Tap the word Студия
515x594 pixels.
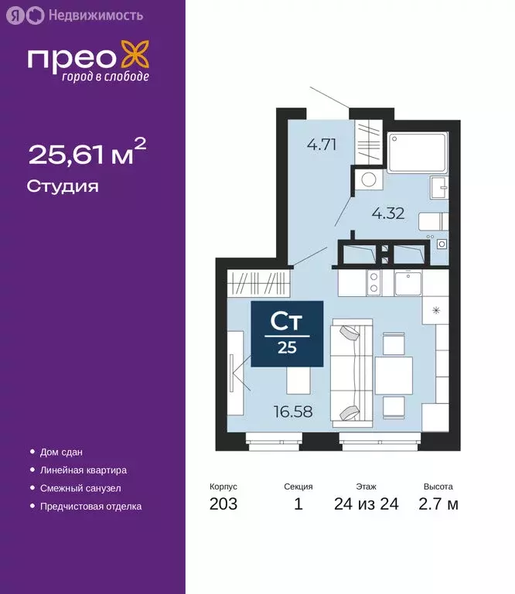pyautogui.click(x=63, y=186)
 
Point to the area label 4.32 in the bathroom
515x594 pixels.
pyautogui.click(x=387, y=213)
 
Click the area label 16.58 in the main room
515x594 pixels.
pyautogui.click(x=294, y=411)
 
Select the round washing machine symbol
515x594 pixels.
pyautogui.click(x=370, y=180)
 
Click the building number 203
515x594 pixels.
pyautogui.click(x=223, y=504)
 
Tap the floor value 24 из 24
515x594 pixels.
pyautogui.click(x=367, y=504)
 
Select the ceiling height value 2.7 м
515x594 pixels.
pyautogui.click(x=439, y=504)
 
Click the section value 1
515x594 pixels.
pyautogui.click(x=298, y=504)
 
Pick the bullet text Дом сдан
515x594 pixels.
pyautogui.click(x=61, y=452)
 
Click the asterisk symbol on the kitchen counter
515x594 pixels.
pyautogui.click(x=435, y=311)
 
